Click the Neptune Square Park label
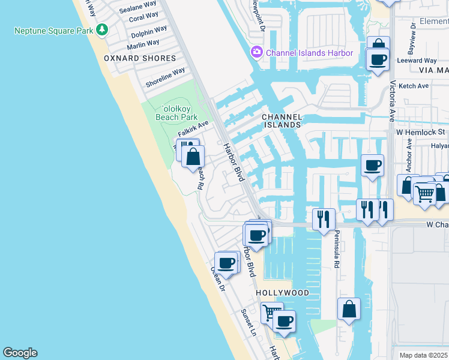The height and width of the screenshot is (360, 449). [x=55, y=30]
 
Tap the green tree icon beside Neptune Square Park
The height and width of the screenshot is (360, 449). [x=103, y=29]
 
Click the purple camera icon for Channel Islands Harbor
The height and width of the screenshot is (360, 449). [x=258, y=53]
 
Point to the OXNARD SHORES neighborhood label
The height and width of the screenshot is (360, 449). [x=140, y=58]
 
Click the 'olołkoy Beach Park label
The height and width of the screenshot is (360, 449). [x=172, y=113]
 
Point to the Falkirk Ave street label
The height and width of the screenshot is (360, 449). [x=193, y=128]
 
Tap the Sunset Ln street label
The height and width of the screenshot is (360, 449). [x=248, y=322]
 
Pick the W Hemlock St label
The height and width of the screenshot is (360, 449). [x=420, y=131]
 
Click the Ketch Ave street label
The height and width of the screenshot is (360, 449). [x=414, y=86]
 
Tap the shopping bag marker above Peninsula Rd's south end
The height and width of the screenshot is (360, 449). [x=349, y=310]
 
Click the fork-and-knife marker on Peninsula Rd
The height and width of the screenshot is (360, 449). [x=324, y=218]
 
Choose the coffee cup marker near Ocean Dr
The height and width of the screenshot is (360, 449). [x=226, y=263]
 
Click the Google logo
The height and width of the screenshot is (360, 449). [x=20, y=353]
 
